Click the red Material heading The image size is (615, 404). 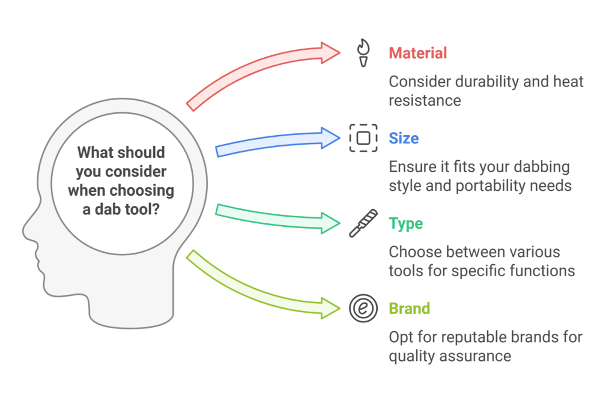[x=418, y=53]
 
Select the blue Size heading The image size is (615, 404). [x=404, y=138]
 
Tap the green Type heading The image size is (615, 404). [x=406, y=224]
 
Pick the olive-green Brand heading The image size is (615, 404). [x=410, y=309]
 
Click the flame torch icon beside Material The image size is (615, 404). [x=363, y=53]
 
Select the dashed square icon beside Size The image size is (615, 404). [x=363, y=138]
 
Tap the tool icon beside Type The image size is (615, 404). [x=363, y=223]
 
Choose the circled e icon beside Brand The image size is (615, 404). [x=363, y=309]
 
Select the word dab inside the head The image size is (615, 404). [x=107, y=210]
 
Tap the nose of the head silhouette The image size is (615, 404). [x=25, y=232]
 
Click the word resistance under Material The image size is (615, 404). [x=425, y=101]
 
